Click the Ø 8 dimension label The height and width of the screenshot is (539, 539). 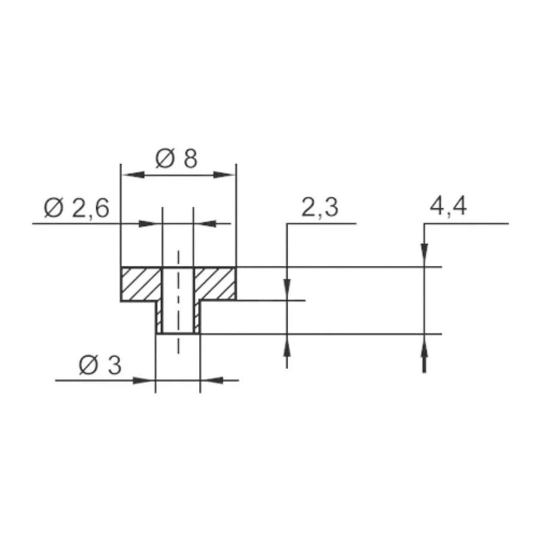pos(176,159)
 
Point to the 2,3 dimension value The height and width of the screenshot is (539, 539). pos(320,208)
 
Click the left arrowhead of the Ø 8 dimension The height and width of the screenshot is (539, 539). pos(129,175)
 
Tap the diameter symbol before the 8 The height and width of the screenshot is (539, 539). pos(164,159)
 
